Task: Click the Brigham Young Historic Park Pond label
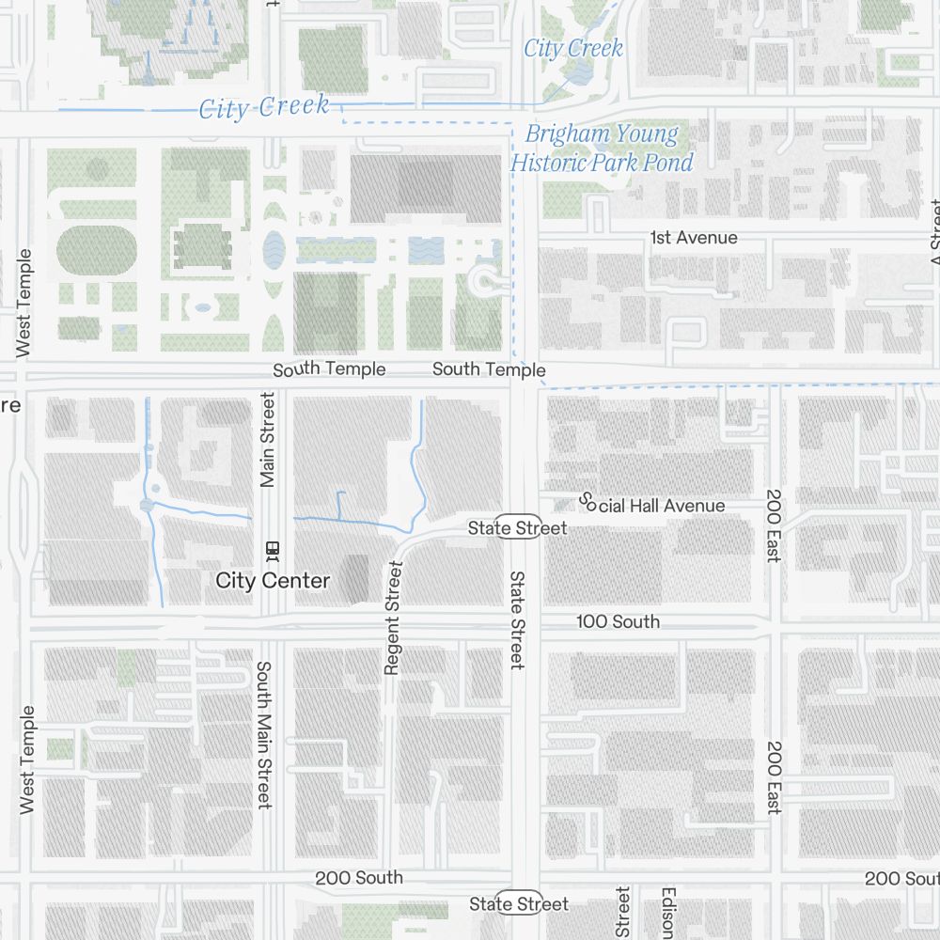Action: [602, 149]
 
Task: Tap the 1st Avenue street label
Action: [694, 238]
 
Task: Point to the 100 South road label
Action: [618, 621]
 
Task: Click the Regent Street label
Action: [393, 618]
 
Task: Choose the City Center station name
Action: [273, 581]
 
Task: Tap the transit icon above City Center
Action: [274, 548]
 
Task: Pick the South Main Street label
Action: [264, 734]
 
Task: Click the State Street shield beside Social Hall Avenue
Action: [518, 528]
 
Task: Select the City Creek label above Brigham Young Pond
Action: [573, 49]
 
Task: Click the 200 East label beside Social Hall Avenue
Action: [774, 525]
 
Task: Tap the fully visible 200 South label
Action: [359, 877]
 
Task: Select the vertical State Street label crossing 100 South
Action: [517, 619]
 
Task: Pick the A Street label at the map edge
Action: [934, 235]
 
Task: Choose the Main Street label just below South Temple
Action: [268, 440]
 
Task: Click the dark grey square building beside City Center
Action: [355, 578]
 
